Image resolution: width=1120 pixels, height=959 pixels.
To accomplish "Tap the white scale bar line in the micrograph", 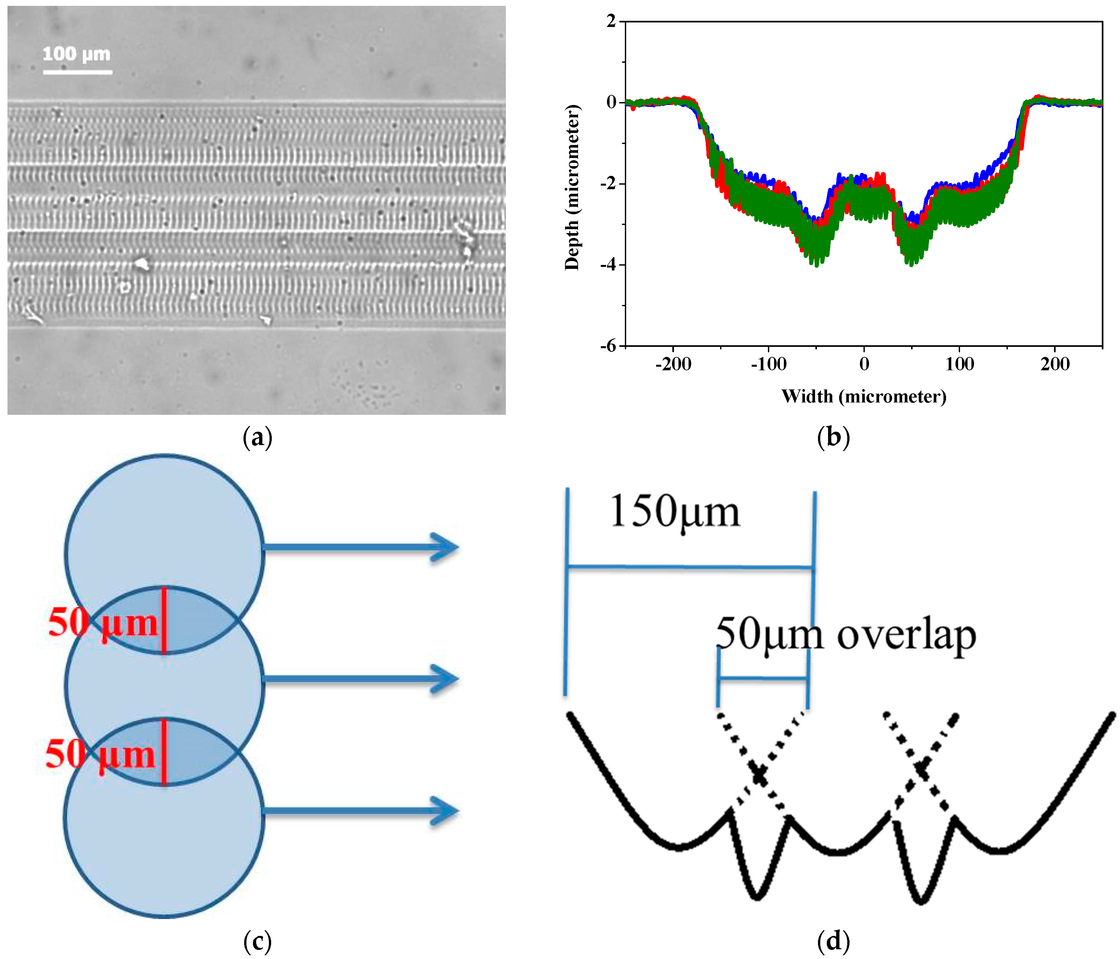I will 77,72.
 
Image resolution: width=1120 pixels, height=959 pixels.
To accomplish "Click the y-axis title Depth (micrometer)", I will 572,187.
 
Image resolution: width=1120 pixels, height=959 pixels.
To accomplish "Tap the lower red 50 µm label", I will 100,755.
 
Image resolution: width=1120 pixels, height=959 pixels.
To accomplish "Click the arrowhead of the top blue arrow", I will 446,548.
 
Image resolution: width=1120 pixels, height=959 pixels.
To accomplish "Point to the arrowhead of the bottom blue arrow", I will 446,811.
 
